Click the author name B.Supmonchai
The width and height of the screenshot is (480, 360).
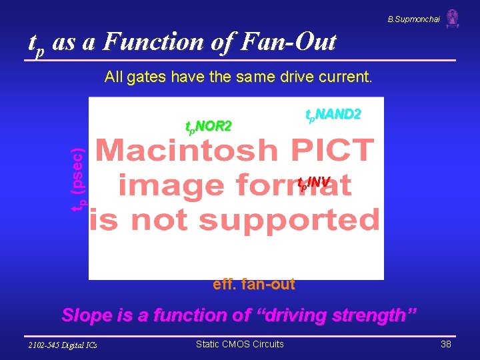(413, 19)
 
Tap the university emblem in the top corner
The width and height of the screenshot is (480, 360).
(453, 18)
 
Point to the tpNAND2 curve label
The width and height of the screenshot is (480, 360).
(333, 115)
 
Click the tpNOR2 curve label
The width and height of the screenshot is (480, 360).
(208, 126)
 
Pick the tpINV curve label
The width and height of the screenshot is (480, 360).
(313, 182)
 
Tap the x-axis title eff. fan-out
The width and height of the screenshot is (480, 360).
(253, 284)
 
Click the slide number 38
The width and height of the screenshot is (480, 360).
(445, 344)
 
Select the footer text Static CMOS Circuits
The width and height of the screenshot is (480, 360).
(239, 344)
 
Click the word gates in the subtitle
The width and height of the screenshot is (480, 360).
(147, 77)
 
